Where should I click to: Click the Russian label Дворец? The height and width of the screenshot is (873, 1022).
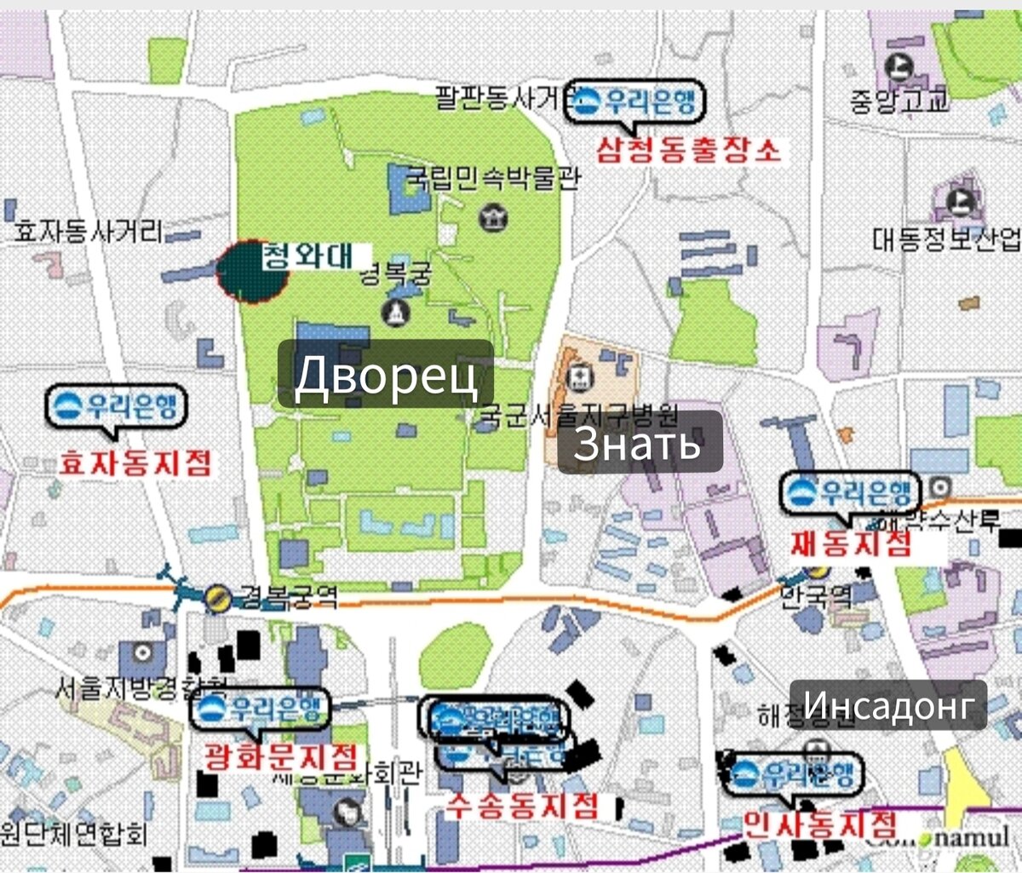(x=386, y=375)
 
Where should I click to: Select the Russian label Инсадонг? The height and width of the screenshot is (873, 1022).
(x=888, y=705)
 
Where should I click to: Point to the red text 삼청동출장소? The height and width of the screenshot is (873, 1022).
(x=688, y=151)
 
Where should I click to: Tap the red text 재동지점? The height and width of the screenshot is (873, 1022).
(x=851, y=543)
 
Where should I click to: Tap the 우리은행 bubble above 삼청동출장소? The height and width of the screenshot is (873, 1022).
(x=637, y=103)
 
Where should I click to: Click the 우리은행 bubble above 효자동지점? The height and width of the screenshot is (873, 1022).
(x=116, y=407)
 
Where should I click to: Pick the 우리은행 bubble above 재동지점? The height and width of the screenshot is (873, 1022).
(x=850, y=493)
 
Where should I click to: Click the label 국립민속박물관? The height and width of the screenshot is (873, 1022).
(x=492, y=178)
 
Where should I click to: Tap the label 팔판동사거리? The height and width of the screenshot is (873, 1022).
(x=501, y=99)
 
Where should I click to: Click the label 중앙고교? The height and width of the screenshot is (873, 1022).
(x=899, y=102)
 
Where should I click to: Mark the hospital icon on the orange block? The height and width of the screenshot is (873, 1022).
(x=582, y=375)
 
